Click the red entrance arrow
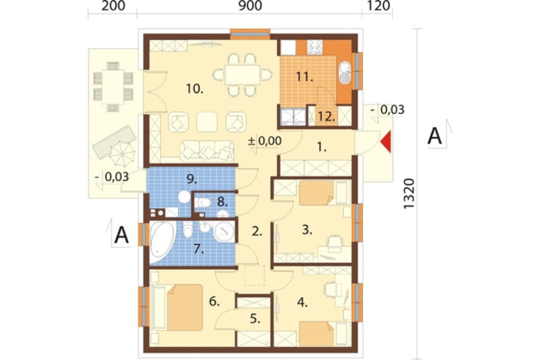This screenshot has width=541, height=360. pos(386,142)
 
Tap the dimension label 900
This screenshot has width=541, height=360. pos(250,6)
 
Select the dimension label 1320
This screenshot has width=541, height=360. pos(409,194)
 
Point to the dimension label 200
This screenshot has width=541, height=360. pos(113,6)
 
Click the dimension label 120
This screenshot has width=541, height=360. pos(379,6)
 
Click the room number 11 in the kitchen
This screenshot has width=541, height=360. pos(304,77)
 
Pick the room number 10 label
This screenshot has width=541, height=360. pos(195,89)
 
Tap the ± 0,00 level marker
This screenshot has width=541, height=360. pos(265,141)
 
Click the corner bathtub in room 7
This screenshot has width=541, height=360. pos(163,243)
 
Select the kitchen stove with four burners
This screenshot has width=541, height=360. pos(315,47)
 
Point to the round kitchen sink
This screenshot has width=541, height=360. pos(345,73)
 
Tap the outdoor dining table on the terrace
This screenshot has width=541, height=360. pos(113,86)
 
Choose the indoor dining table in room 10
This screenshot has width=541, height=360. pos(242,75)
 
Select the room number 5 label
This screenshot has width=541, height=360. pos(255,319)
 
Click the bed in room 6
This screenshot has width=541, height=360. pos(177,307)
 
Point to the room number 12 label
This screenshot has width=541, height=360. pos(326,116)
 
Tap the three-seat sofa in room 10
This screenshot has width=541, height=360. pos(207,151)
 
